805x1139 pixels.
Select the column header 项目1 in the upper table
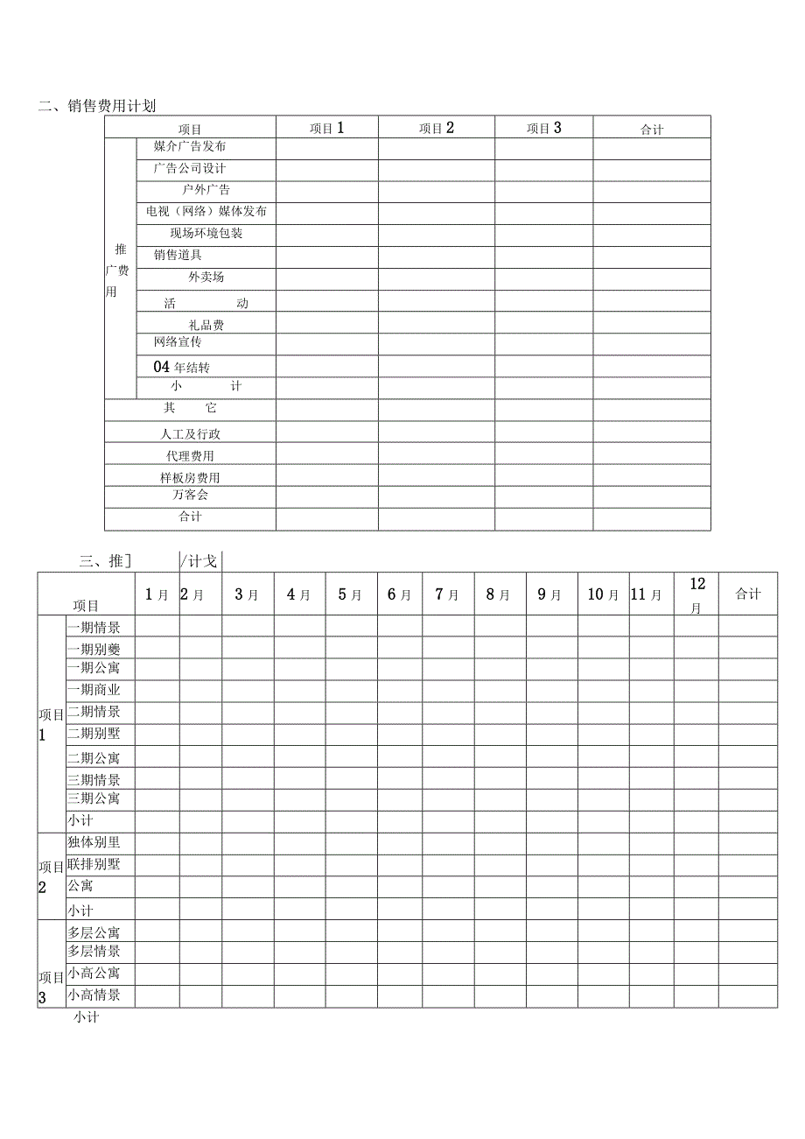(x=327, y=128)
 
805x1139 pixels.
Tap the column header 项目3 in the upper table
(x=543, y=128)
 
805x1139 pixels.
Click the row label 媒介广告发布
(x=189, y=146)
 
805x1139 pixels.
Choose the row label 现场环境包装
(x=206, y=233)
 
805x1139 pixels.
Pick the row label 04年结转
(x=181, y=367)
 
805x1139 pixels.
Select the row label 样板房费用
(x=190, y=477)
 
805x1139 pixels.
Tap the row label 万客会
(x=190, y=495)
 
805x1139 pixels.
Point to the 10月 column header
(x=603, y=594)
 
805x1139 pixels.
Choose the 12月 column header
(x=696, y=594)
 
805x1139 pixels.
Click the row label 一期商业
(x=94, y=690)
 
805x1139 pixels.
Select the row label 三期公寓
(x=94, y=798)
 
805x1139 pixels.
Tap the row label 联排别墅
(x=94, y=864)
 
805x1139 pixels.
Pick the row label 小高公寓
(x=94, y=973)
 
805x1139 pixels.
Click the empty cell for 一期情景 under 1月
(x=157, y=626)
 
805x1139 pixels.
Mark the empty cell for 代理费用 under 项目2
(x=436, y=453)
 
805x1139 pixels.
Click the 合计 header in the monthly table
(x=747, y=594)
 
